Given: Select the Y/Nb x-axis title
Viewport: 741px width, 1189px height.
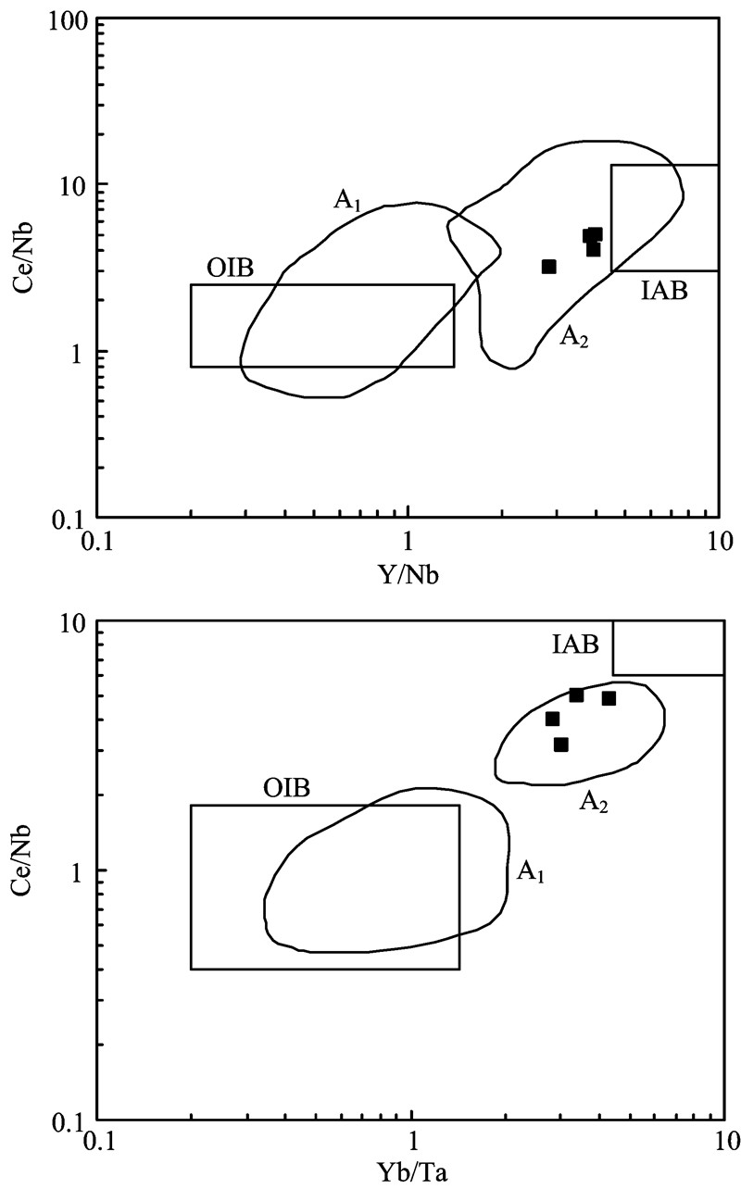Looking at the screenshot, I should [408, 576].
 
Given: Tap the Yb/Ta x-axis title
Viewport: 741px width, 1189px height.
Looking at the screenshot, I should [412, 1173].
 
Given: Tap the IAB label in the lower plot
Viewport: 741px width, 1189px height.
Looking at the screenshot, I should [573, 642].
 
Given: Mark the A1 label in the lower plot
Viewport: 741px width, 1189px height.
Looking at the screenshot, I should [530, 870].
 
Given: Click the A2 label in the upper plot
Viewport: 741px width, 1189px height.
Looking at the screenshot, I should [573, 339].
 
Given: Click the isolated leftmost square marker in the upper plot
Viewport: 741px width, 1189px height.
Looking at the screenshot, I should [548, 267].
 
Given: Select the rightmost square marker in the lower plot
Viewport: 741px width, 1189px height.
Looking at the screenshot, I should [609, 698].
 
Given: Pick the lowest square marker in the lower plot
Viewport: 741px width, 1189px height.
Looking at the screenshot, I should [560, 745].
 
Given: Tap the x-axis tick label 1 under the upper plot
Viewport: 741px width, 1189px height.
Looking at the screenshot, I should [408, 543].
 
